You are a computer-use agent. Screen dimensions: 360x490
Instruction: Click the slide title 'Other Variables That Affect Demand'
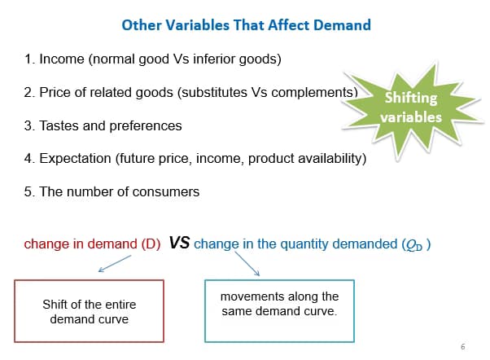[246, 24]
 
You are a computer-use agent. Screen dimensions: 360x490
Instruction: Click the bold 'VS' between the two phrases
[180, 243]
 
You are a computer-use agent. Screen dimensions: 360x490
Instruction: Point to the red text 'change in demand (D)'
[92, 243]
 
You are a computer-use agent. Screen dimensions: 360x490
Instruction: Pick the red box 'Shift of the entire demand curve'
[90, 311]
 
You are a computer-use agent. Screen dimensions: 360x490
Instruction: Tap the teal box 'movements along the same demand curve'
[279, 311]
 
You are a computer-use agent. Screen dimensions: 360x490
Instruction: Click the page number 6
[462, 347]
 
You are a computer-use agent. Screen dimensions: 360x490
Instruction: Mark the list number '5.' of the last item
[30, 192]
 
